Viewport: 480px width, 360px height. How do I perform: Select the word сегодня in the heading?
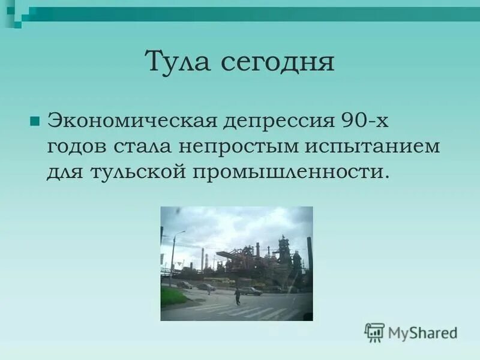pos(278,63)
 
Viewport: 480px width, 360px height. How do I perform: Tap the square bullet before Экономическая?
pos(34,121)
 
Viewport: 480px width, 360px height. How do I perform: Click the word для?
pos(64,173)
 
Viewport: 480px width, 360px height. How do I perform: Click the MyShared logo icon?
pos(374,332)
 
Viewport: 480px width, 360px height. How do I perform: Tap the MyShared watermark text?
pos(422,332)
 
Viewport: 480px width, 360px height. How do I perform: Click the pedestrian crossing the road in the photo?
pos(238,295)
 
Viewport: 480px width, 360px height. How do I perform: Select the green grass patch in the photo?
pos(172,296)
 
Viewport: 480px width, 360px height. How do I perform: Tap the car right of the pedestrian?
pos(251,291)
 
